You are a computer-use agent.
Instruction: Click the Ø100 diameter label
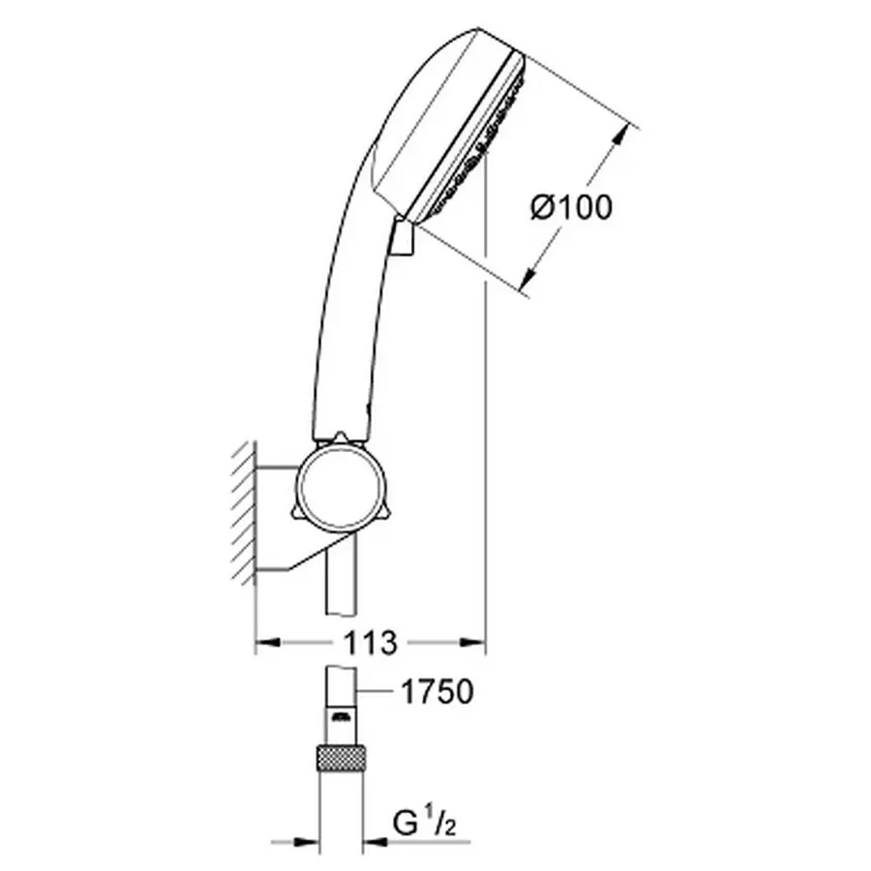573,206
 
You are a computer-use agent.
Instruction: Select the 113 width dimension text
370,642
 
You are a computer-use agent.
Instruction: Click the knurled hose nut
343,758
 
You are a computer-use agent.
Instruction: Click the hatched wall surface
242,513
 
